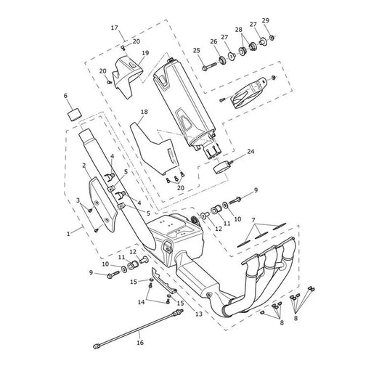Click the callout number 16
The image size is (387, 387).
(x=140, y=343)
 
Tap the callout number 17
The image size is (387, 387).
(x=115, y=28)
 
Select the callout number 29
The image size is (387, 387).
(x=266, y=20)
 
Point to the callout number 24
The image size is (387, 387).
(x=250, y=151)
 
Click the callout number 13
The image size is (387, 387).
(x=199, y=314)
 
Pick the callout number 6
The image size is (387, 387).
(x=65, y=96)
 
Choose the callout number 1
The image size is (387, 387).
(x=68, y=234)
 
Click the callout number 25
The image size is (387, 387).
(x=197, y=51)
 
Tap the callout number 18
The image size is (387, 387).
(x=144, y=112)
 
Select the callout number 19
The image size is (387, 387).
(x=145, y=53)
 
